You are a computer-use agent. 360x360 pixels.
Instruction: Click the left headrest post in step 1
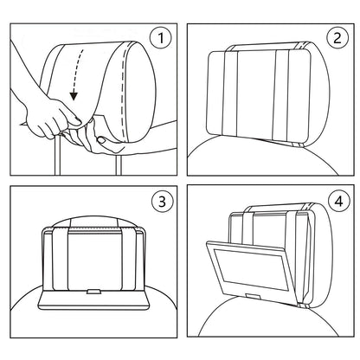(x=58, y=157)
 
